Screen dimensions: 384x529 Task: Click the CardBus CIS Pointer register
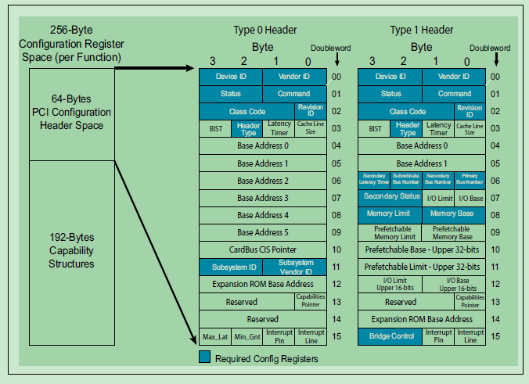[262, 249]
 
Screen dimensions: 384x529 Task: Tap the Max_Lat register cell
[214, 336]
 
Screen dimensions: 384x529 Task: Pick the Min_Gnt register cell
[247, 336]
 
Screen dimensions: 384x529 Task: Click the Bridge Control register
[390, 336]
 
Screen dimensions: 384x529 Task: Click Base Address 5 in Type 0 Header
[262, 232]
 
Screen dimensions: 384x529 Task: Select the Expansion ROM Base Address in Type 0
[262, 284]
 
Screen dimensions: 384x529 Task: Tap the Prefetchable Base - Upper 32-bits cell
[422, 249]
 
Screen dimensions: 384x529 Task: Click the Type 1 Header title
[421, 31]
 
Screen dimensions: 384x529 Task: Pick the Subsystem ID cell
[230, 267]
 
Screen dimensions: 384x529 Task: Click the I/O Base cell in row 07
[470, 198]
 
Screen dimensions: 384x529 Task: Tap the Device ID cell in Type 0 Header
[230, 77]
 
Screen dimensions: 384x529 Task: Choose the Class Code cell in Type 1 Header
[406, 111]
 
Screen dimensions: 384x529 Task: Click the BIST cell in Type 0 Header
[214, 129]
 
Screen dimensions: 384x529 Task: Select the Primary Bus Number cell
[470, 181]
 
